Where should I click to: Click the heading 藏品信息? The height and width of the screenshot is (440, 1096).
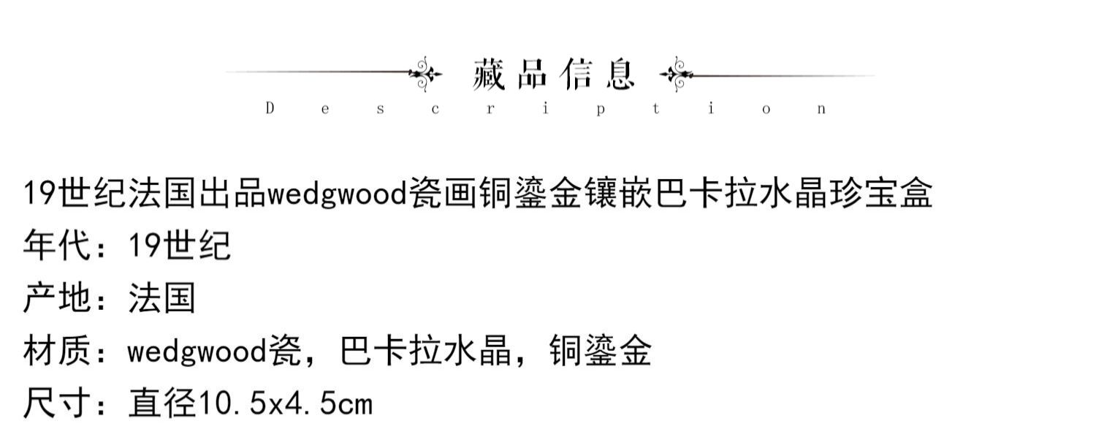click(554, 75)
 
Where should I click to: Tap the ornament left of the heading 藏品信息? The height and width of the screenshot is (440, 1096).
click(425, 74)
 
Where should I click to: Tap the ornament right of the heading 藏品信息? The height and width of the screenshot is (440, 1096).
click(677, 75)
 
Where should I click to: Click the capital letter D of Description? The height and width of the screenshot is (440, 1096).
click(270, 108)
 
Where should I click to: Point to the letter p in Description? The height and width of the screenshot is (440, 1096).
click(601, 110)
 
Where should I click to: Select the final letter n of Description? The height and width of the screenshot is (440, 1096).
click(821, 109)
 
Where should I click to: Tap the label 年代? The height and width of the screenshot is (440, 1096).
click(58, 245)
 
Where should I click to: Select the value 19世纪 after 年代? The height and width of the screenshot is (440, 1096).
click(179, 245)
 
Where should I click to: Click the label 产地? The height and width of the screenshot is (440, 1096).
click(58, 297)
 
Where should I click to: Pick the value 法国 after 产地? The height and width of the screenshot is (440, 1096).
click(162, 297)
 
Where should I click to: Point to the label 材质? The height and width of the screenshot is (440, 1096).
click(58, 350)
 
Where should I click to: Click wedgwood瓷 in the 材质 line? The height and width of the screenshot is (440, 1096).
click(214, 351)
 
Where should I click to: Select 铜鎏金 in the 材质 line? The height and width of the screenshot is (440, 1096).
click(601, 350)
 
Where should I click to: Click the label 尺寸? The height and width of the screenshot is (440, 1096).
click(58, 403)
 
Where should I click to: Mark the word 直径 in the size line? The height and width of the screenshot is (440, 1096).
click(162, 403)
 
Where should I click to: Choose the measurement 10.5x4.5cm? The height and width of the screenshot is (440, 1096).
click(285, 403)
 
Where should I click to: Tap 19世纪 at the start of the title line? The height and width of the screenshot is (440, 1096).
click(75, 193)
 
